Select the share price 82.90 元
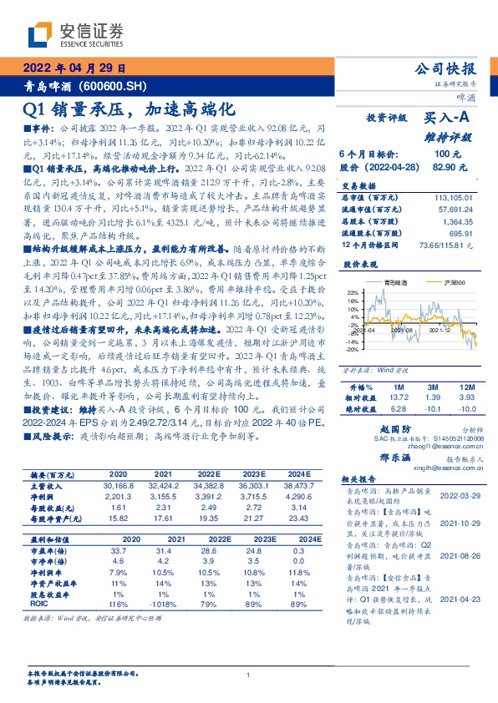coord(445,167)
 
